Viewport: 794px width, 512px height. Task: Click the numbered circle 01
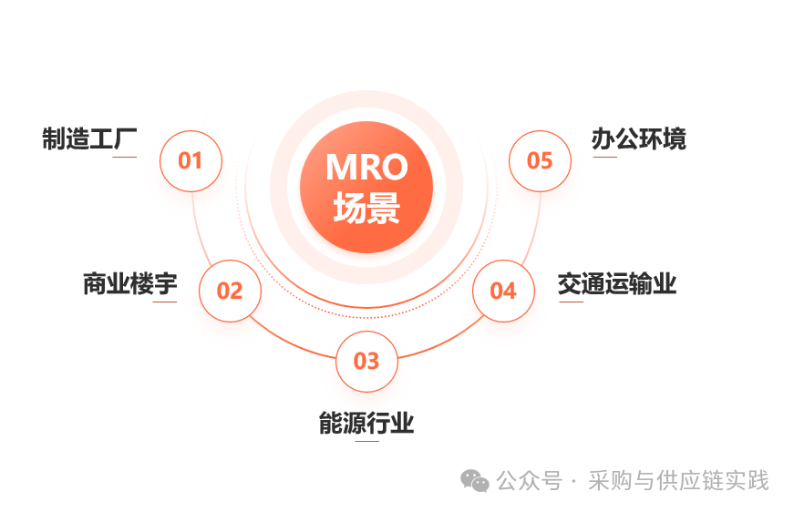click(x=191, y=161)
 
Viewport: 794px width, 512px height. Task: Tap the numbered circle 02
click(x=230, y=291)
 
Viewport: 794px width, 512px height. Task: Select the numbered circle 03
click(x=366, y=361)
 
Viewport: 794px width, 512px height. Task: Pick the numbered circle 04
click(x=503, y=291)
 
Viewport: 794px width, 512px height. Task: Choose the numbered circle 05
click(x=540, y=160)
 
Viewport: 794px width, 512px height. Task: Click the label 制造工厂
click(x=89, y=139)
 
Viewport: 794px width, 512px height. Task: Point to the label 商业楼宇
click(x=129, y=284)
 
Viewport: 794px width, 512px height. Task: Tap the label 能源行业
click(x=366, y=424)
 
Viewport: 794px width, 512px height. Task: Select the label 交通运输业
click(x=617, y=284)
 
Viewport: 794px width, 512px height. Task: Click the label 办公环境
click(x=638, y=139)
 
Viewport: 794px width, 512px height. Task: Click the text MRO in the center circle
click(x=366, y=169)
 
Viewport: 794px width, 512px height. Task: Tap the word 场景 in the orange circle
click(x=366, y=210)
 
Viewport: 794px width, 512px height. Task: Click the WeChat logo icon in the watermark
click(x=474, y=480)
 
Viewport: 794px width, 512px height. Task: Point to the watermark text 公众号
click(x=529, y=480)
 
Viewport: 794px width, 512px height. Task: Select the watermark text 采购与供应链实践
click(x=679, y=480)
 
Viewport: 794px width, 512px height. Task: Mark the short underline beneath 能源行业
click(x=366, y=442)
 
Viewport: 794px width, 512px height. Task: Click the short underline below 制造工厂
click(x=125, y=158)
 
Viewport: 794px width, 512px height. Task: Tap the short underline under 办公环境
click(x=604, y=158)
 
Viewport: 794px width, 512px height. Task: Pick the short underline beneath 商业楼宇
click(x=165, y=302)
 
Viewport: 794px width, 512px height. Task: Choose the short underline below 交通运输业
click(x=571, y=302)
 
